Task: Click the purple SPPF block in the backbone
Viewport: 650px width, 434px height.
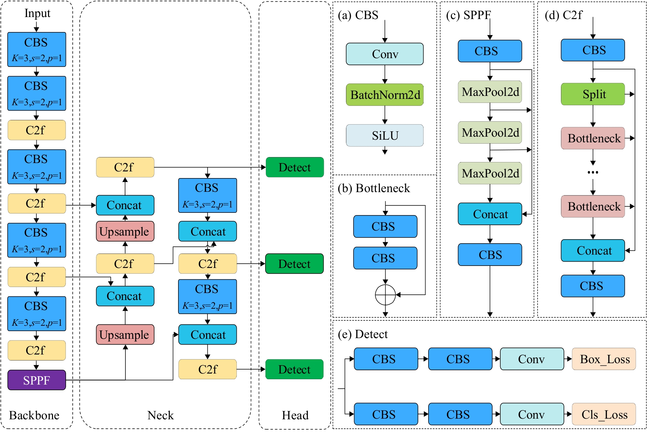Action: (37, 380)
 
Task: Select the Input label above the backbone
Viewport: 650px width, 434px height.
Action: (37, 13)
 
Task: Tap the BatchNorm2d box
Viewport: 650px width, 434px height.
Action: (385, 95)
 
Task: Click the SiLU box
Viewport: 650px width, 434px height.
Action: (385, 136)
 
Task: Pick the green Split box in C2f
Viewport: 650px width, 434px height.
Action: (593, 94)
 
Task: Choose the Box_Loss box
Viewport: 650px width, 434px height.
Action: (604, 359)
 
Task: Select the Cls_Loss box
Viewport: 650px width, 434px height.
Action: (604, 414)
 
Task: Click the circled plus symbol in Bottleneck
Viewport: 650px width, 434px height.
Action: (385, 295)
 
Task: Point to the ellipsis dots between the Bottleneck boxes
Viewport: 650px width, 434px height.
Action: (593, 172)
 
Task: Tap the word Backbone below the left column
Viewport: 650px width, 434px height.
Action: (34, 415)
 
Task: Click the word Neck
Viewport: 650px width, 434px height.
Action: (160, 415)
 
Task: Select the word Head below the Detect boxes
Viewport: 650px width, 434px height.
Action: (295, 415)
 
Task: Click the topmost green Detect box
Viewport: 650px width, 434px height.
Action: (295, 167)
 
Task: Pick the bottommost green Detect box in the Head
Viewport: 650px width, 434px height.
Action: (294, 369)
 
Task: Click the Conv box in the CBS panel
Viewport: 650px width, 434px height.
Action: (385, 54)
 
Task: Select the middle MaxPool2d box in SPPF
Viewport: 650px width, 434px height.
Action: (490, 133)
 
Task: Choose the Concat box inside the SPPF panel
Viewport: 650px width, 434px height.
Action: (490, 214)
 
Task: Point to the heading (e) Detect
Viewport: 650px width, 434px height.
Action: (363, 334)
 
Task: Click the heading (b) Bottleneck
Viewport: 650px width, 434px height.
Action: (374, 188)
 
